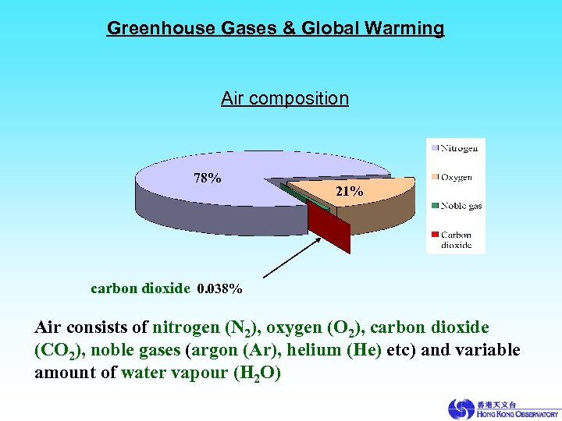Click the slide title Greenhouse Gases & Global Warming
(275, 29)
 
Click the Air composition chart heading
(284, 98)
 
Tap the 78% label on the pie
(207, 178)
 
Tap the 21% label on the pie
(349, 190)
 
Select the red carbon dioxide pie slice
(329, 231)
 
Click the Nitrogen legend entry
(460, 147)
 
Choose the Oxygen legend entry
(456, 177)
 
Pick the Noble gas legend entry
(461, 206)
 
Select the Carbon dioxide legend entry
(456, 239)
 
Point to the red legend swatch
(433, 235)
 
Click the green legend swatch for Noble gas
(433, 206)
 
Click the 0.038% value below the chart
(219, 288)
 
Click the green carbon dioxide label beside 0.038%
(140, 288)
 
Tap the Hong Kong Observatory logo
(503, 409)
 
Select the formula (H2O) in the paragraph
(256, 373)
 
